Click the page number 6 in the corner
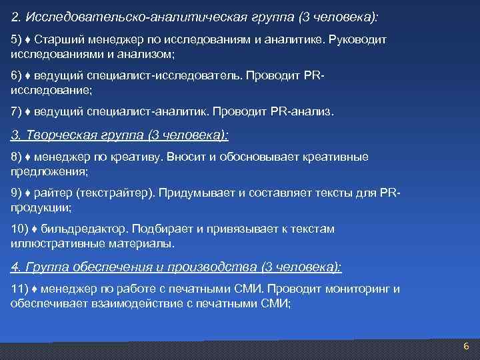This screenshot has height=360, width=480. [466, 347]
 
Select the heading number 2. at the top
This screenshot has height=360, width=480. [17, 15]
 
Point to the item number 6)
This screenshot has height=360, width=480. [16, 75]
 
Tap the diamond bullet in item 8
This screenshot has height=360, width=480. [28, 157]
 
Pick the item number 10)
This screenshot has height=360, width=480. [19, 229]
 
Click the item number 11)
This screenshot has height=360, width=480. [19, 289]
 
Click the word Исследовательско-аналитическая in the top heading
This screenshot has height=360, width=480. [119, 15]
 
